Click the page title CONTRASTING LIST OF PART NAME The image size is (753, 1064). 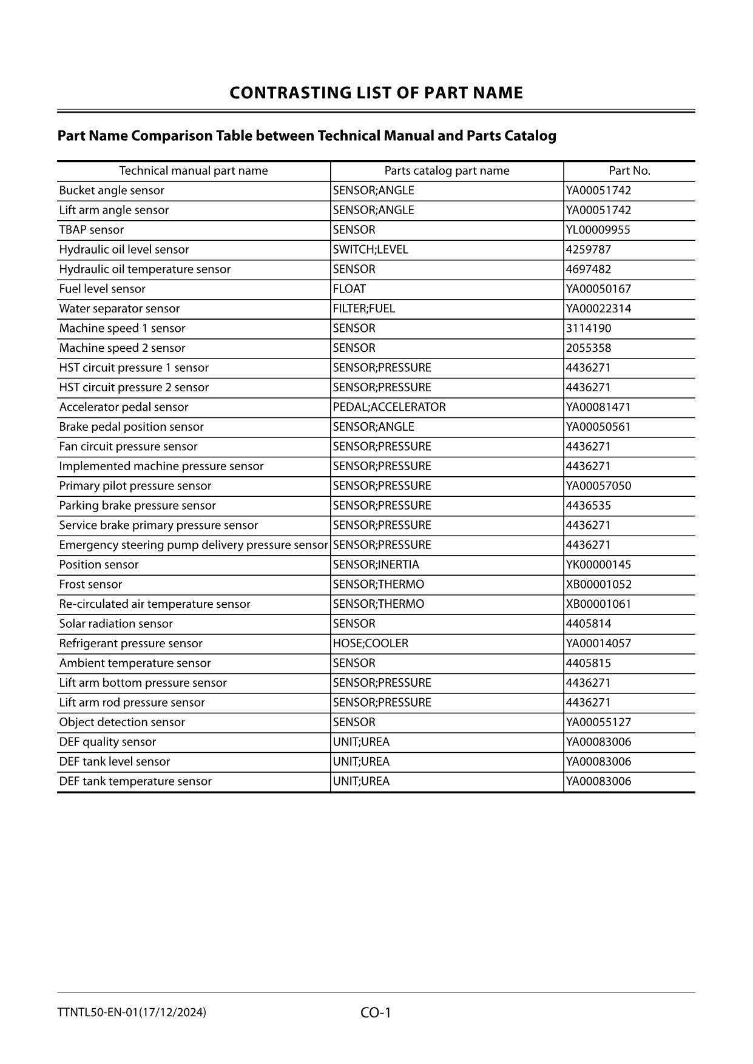(376, 93)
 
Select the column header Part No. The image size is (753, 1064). (629, 170)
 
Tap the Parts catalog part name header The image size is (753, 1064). (447, 170)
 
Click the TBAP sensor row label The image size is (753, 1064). (92, 230)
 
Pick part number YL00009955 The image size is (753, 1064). (598, 230)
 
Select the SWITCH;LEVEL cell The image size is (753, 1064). (370, 249)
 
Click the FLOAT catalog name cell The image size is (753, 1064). (349, 289)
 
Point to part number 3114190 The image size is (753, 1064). (588, 328)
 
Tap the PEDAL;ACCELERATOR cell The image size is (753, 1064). (389, 407)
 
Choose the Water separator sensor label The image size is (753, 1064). (120, 309)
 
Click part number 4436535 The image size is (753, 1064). (588, 505)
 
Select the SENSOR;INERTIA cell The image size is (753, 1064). (376, 565)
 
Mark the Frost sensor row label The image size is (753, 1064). (90, 584)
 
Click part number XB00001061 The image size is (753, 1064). (598, 604)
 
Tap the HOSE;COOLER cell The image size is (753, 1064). (370, 644)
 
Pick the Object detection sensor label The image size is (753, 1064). (122, 722)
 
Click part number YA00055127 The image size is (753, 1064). (598, 722)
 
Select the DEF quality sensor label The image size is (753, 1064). (107, 742)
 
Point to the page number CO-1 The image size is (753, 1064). (376, 1012)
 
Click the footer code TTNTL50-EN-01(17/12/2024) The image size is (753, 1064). (132, 1012)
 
